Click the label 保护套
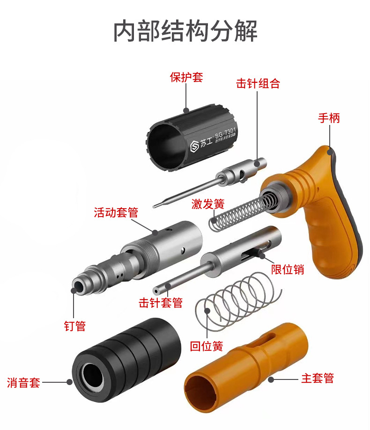tap(186, 77)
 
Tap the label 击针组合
tap(258, 84)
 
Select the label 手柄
tap(329, 118)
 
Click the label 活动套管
tap(116, 213)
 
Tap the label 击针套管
tap(161, 303)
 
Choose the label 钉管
tap(75, 326)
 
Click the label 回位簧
tap(206, 347)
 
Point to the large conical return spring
tap(234, 299)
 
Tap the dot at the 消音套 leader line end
tap(69, 382)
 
